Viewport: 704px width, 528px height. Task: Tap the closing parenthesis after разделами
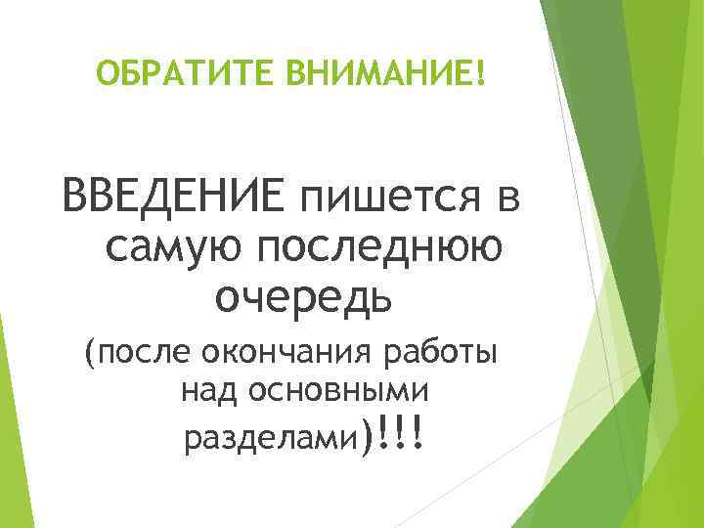click(x=366, y=436)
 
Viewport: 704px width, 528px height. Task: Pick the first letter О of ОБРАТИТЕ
click(x=107, y=72)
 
